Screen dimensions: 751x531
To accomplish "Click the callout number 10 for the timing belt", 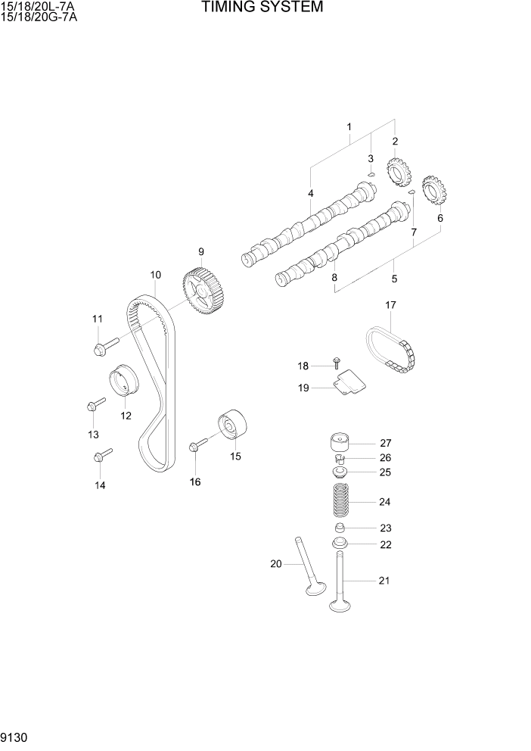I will tap(155, 275).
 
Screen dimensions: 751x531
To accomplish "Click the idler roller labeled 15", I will tap(233, 425).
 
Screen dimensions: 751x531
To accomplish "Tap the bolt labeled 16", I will tap(198, 446).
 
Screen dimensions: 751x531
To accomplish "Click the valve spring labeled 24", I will tap(340, 501).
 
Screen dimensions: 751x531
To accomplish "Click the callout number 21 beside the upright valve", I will tap(384, 581).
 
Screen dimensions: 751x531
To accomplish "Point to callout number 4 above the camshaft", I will tap(310, 194).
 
